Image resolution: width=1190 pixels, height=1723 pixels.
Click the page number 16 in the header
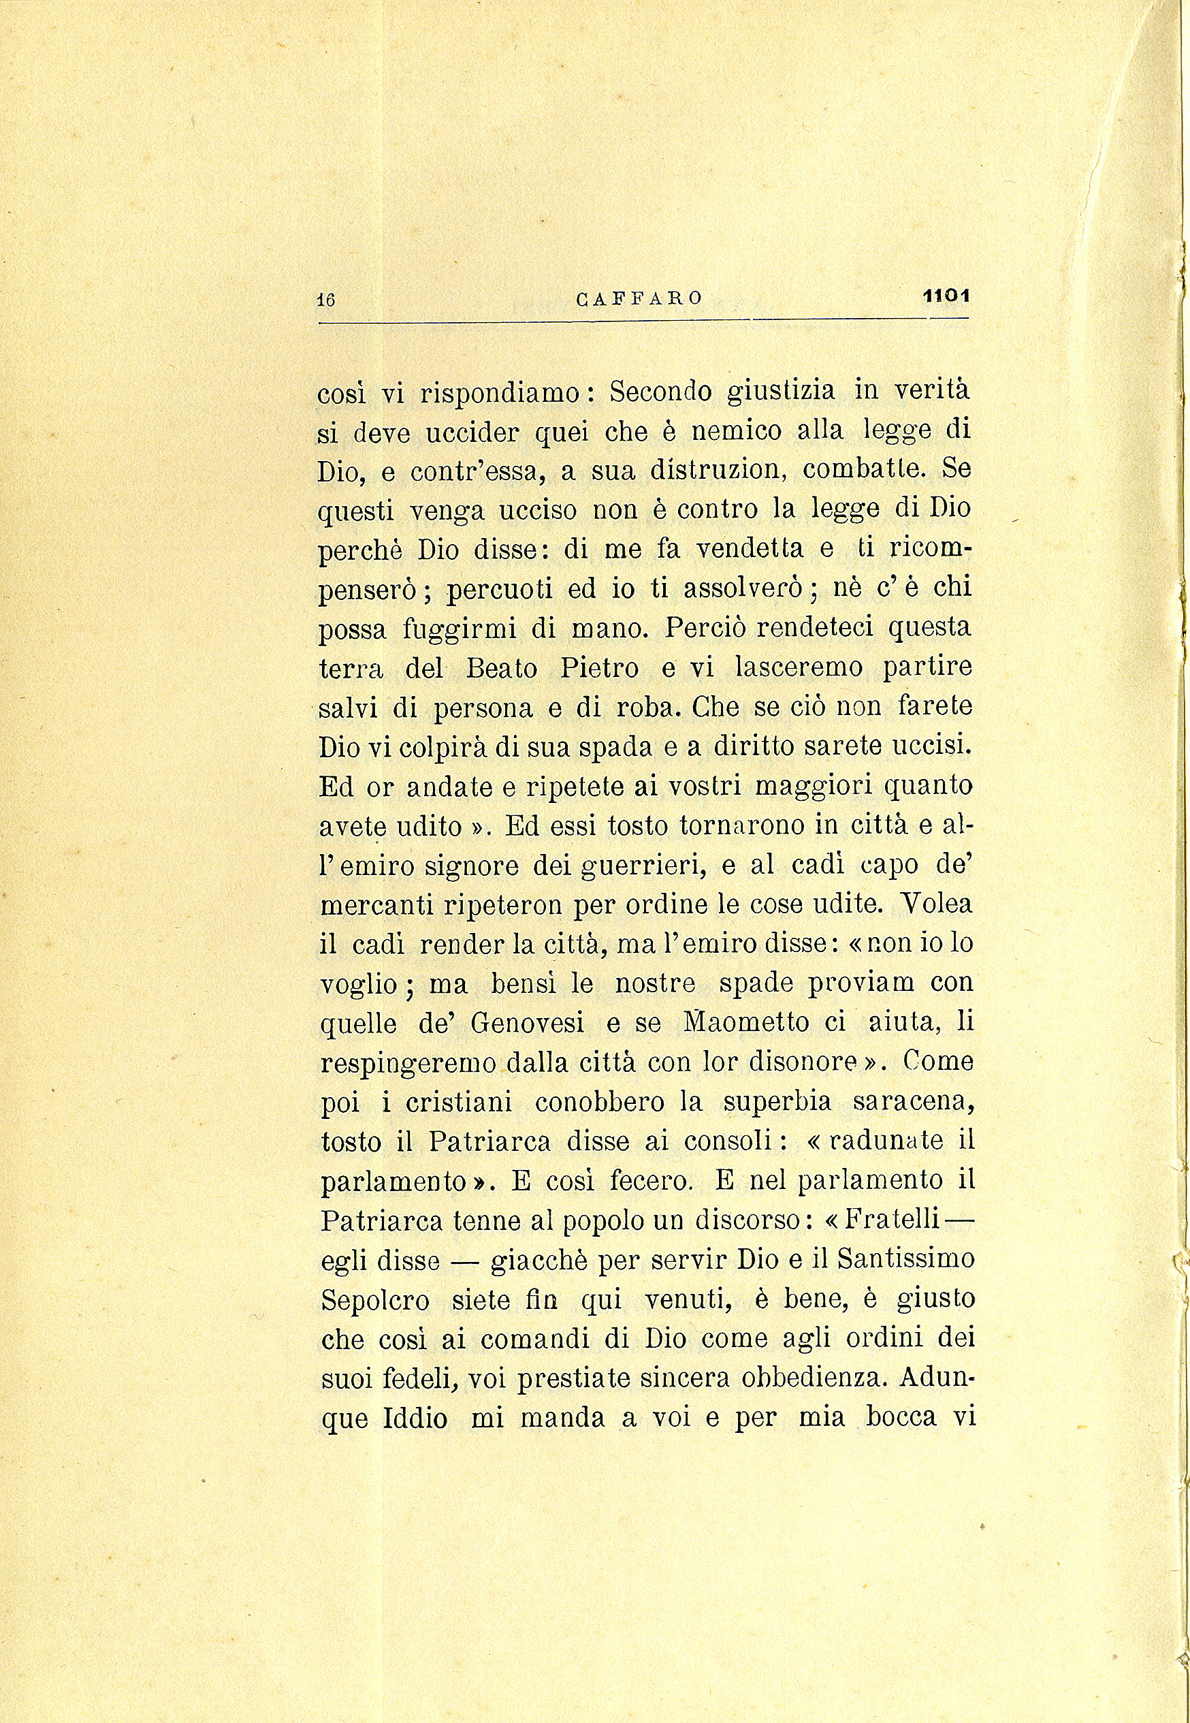(x=327, y=300)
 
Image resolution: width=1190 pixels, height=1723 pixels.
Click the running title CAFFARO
(x=639, y=299)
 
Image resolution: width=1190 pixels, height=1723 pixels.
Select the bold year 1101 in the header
(x=946, y=296)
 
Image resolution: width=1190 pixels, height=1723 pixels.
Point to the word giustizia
(x=781, y=391)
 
